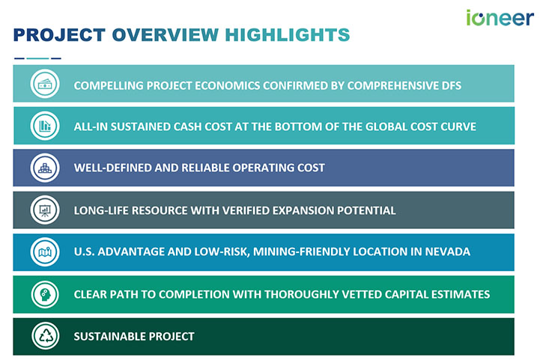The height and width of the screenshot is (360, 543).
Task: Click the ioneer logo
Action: pyautogui.click(x=500, y=18)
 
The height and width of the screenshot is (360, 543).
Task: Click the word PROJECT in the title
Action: pyautogui.click(x=59, y=35)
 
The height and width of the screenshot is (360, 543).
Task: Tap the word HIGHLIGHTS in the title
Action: pyautogui.click(x=288, y=35)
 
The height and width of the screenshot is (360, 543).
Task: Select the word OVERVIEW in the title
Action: pyautogui.click(x=166, y=35)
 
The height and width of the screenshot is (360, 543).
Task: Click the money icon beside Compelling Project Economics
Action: pyautogui.click(x=45, y=84)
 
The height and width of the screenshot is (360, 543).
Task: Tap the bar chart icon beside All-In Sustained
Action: pyautogui.click(x=45, y=126)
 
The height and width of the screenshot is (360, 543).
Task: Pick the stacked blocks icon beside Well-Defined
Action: pyautogui.click(x=45, y=168)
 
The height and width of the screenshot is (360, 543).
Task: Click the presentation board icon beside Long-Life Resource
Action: pyautogui.click(x=45, y=210)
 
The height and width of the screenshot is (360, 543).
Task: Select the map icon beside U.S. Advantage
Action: pyautogui.click(x=45, y=252)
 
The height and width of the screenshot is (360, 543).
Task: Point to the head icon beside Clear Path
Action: pyautogui.click(x=45, y=294)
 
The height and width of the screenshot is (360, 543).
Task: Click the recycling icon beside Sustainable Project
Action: pyautogui.click(x=45, y=336)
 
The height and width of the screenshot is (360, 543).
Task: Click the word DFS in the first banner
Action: pyautogui.click(x=452, y=86)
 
